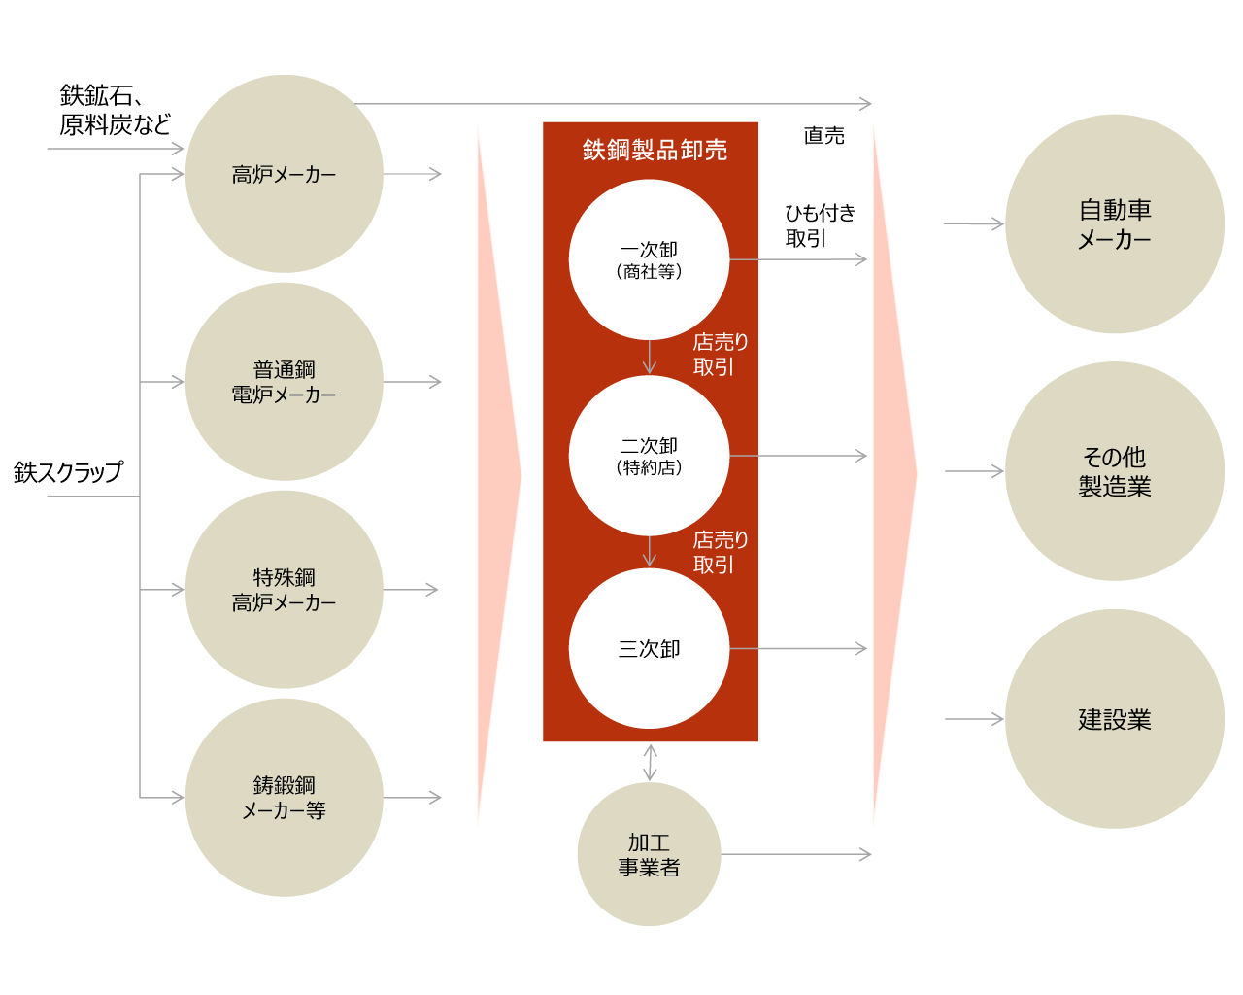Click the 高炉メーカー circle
[284, 174]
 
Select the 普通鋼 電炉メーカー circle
[284, 382]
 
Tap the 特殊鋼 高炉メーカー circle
[284, 589]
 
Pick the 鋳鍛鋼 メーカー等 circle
[284, 798]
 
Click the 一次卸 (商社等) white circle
[649, 259]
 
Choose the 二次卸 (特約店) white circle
[649, 456]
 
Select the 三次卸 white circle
[649, 648]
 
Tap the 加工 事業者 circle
[649, 854]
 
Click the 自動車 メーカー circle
[1114, 223]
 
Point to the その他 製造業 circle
[1114, 471]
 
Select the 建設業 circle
[1114, 719]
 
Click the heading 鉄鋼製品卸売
[655, 150]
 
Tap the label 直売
[823, 135]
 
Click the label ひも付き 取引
[821, 225]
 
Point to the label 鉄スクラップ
[68, 472]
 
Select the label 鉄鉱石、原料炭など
[115, 110]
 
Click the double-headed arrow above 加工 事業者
[650, 763]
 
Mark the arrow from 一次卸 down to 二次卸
[650, 358]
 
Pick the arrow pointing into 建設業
[974, 719]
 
